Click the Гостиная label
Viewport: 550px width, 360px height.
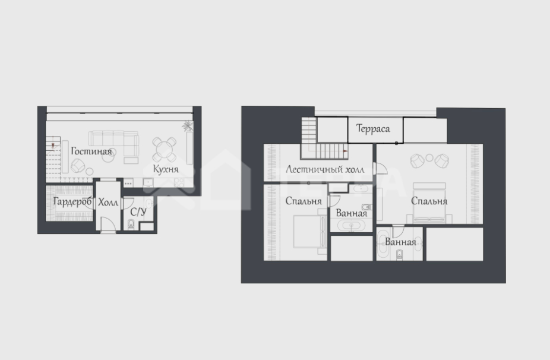[91, 151]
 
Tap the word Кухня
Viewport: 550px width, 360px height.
[166, 169]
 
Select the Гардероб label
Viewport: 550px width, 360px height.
[72, 202]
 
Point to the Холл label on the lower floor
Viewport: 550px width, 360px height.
[108, 203]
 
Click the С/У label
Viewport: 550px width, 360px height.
[138, 212]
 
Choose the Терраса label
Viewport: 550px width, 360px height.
[373, 129]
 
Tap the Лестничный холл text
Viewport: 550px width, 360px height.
[325, 169]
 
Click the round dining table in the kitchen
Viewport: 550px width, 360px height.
[164, 149]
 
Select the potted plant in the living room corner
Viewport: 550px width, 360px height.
[187, 125]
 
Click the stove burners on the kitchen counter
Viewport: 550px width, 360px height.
[179, 182]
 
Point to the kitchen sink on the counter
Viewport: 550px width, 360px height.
[148, 182]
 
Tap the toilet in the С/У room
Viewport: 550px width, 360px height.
[131, 224]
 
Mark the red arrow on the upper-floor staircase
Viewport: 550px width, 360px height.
[346, 151]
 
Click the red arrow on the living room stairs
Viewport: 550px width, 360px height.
[53, 146]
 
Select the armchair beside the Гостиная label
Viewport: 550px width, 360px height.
[77, 165]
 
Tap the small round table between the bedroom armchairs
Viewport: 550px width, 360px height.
[429, 158]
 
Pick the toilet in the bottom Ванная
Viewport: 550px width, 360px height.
[399, 255]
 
